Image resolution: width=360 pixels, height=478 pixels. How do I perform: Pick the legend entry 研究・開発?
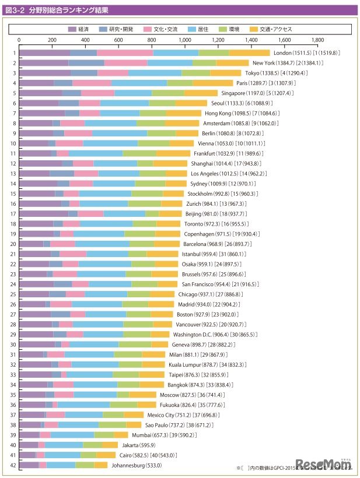point(124,29)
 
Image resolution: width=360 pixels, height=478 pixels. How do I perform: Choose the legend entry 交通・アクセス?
point(279,29)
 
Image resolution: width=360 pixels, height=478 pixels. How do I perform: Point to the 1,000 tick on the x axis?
point(186,40)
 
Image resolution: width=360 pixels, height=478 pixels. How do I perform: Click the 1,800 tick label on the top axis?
point(318,40)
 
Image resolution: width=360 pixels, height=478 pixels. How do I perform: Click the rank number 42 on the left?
point(13,465)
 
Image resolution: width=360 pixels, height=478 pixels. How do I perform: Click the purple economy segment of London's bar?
point(44,53)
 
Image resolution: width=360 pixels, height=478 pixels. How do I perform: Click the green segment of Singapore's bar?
point(168,93)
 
